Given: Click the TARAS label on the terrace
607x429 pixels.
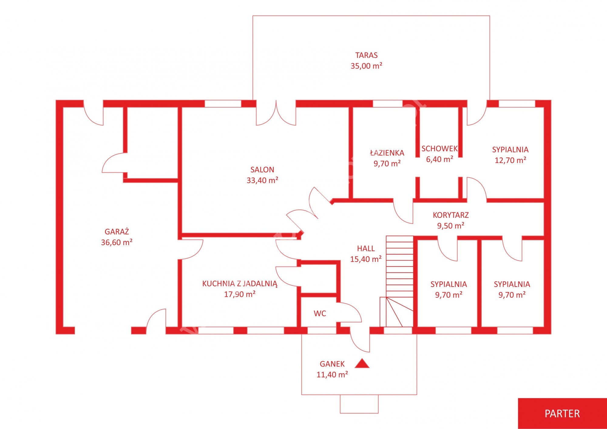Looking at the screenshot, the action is pyautogui.click(x=366, y=55).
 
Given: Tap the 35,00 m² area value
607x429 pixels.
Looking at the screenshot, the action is pyautogui.click(x=366, y=66).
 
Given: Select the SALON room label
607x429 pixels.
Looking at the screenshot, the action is pyautogui.click(x=262, y=170).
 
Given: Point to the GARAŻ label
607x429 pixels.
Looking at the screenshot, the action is pyautogui.click(x=117, y=231).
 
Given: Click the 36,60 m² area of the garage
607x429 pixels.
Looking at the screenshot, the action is pyautogui.click(x=117, y=242).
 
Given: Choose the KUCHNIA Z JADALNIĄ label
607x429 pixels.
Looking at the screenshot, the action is pyautogui.click(x=240, y=284).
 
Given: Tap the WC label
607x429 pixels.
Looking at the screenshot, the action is pyautogui.click(x=320, y=313).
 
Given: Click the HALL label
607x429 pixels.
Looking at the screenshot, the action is pyautogui.click(x=366, y=248).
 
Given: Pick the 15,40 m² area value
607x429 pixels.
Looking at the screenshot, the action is pyautogui.click(x=366, y=259).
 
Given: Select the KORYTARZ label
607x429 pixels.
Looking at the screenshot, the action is pyautogui.click(x=451, y=215).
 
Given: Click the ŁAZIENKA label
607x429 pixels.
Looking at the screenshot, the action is pyautogui.click(x=387, y=153).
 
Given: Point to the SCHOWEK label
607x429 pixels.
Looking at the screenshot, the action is pyautogui.click(x=439, y=148).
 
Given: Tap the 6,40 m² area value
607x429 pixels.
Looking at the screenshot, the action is pyautogui.click(x=439, y=159).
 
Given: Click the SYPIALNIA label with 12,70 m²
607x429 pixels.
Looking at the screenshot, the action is pyautogui.click(x=510, y=149).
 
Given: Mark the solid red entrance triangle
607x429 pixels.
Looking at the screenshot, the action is pyautogui.click(x=362, y=363).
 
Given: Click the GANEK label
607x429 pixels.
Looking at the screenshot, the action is pyautogui.click(x=332, y=364).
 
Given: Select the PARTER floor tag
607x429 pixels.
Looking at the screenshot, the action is pyautogui.click(x=562, y=414).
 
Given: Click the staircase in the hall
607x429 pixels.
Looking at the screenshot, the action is pyautogui.click(x=397, y=281).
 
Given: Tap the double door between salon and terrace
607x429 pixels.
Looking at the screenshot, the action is pyautogui.click(x=276, y=113).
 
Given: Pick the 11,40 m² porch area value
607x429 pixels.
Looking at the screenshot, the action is pyautogui.click(x=332, y=374).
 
